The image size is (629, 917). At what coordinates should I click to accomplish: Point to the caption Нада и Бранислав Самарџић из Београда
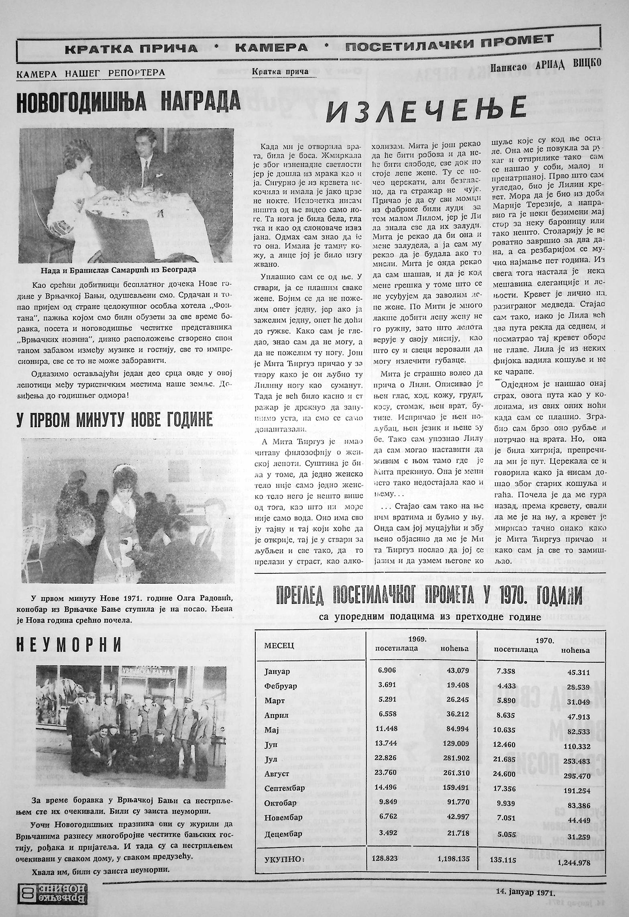118,270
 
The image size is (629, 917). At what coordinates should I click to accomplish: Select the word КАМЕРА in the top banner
271,48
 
